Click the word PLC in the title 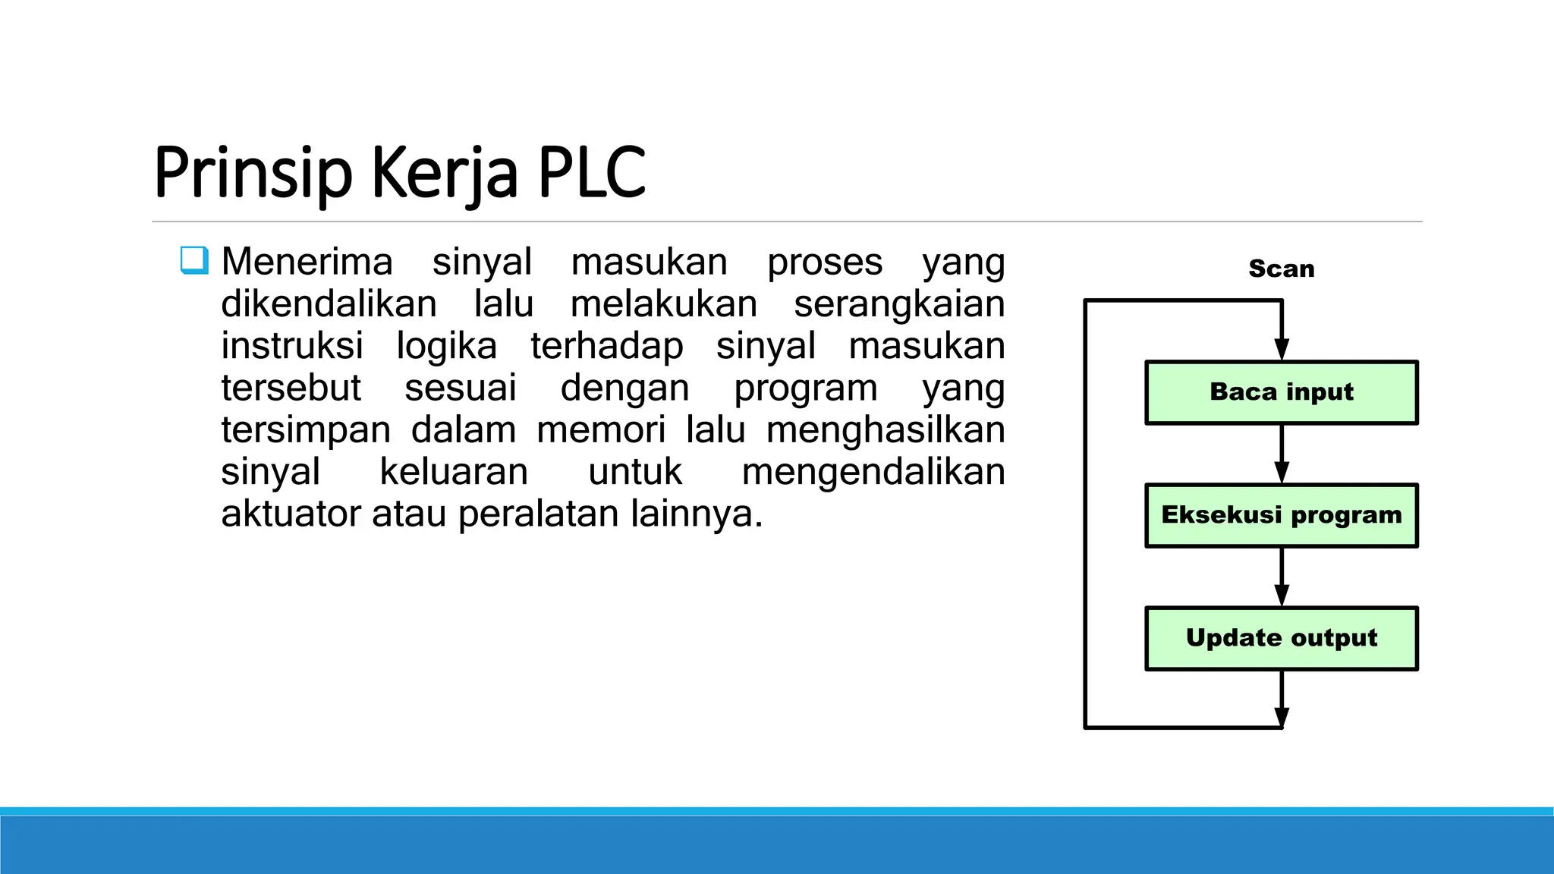592,173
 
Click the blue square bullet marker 194,260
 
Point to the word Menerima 307,262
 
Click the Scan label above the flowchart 1281,269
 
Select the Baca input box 1281,392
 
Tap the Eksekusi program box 1281,515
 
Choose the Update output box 1281,638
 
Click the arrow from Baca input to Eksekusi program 1282,454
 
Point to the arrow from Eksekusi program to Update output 1282,577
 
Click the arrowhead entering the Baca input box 1282,349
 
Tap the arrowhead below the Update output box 1282,717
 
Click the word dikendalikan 329,304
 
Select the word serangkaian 899,304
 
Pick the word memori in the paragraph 601,430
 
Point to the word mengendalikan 873,472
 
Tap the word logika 446,347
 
